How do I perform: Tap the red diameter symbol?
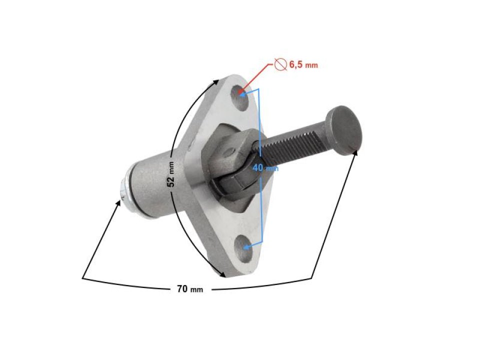pos(280,64)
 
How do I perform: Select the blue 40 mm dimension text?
pos(264,168)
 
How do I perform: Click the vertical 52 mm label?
pos(171,174)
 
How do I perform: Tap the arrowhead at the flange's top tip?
pos(216,80)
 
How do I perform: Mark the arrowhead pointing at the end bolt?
pos(119,202)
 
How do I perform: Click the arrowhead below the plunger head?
pos(356,152)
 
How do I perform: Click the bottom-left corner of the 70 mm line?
pos(83,276)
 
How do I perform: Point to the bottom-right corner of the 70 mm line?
pos(313,276)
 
